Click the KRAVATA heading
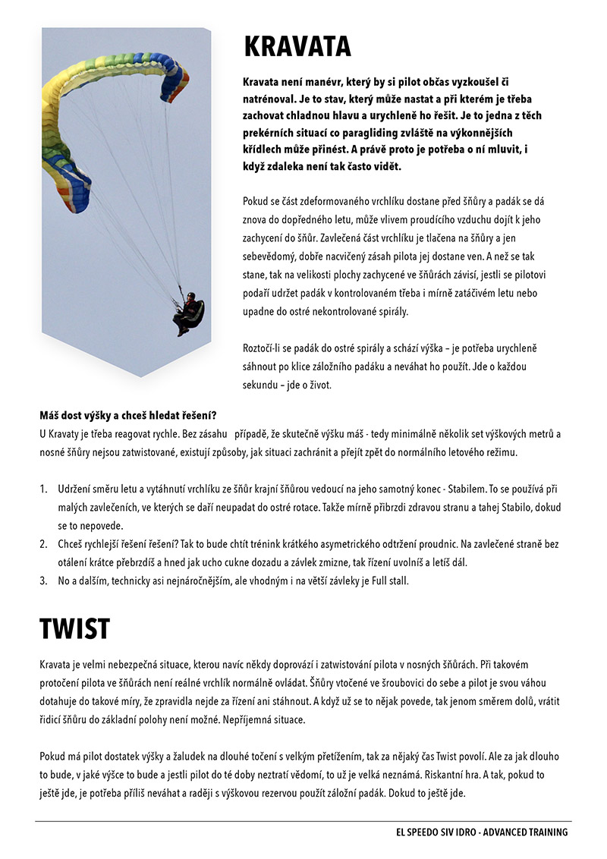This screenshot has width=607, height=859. (x=297, y=47)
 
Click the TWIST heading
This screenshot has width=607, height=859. (x=74, y=629)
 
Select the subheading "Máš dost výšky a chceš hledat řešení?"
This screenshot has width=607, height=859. (x=128, y=415)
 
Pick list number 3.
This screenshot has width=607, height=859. (x=43, y=581)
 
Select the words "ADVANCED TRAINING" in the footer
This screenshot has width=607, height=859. (x=524, y=832)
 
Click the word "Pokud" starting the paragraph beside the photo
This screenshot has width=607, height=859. (x=256, y=203)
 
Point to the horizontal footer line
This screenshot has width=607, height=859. (x=303, y=821)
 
